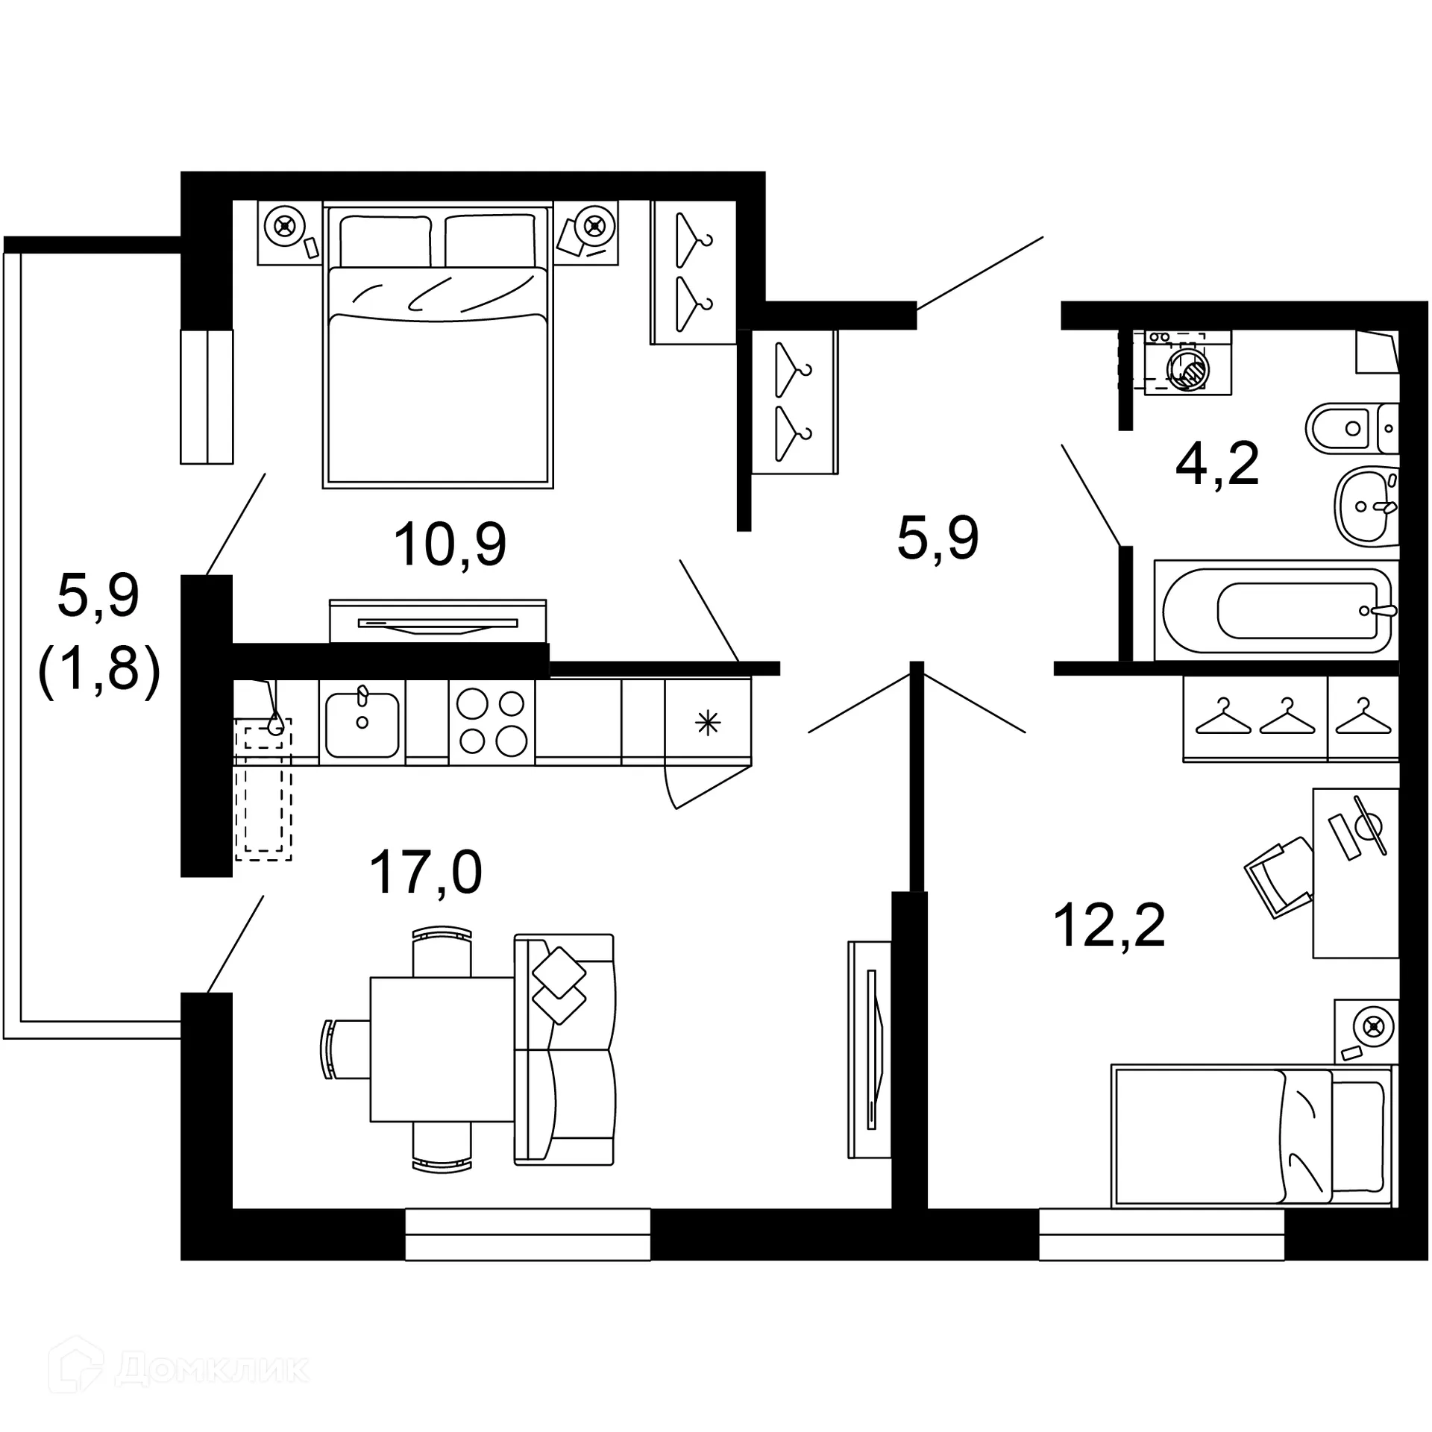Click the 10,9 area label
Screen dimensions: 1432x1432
click(x=450, y=545)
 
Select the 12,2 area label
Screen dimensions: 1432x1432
click(x=1109, y=926)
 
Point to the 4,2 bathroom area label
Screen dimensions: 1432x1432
click(x=1217, y=464)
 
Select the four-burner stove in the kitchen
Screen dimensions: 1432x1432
click(x=492, y=722)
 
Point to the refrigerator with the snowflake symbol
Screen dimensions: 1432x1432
click(x=708, y=722)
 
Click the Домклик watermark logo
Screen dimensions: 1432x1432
click(x=179, y=1368)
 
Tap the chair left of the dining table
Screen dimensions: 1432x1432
click(x=345, y=1049)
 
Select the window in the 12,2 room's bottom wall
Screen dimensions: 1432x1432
click(x=1161, y=1235)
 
